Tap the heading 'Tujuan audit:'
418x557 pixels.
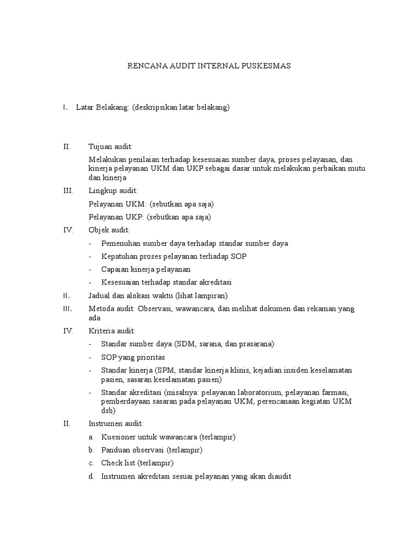[x=110, y=146]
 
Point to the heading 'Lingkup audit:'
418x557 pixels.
[x=113, y=190]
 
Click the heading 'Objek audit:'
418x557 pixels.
[x=109, y=230]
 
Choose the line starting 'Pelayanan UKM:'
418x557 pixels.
[x=151, y=204]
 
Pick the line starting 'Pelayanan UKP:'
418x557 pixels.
[x=150, y=217]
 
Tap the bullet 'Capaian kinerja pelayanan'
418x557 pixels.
[x=146, y=269]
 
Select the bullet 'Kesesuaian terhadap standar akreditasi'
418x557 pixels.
[x=167, y=282]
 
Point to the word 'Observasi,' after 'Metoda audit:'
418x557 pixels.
[x=158, y=308]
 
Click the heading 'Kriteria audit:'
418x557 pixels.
[x=112, y=331]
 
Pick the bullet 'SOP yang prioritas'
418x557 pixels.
[x=133, y=357]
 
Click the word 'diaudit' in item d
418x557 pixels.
[x=279, y=476]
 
